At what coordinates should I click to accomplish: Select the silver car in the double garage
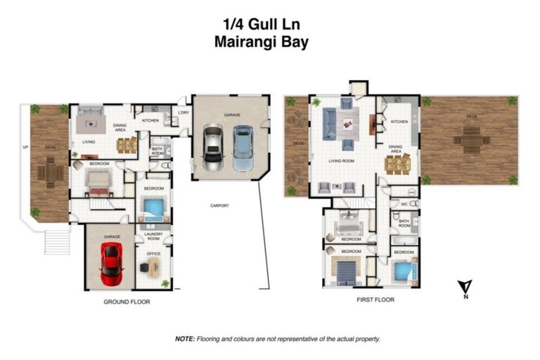(x=213, y=147)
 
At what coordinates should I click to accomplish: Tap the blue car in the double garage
(x=242, y=147)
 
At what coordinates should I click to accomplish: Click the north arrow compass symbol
(x=464, y=288)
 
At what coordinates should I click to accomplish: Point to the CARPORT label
(x=220, y=206)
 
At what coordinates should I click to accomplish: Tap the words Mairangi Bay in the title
(x=261, y=41)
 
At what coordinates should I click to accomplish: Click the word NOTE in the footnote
(x=185, y=339)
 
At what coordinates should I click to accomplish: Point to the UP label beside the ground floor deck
(x=26, y=148)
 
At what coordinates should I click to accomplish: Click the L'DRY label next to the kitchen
(x=183, y=112)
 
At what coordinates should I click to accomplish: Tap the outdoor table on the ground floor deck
(x=50, y=169)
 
